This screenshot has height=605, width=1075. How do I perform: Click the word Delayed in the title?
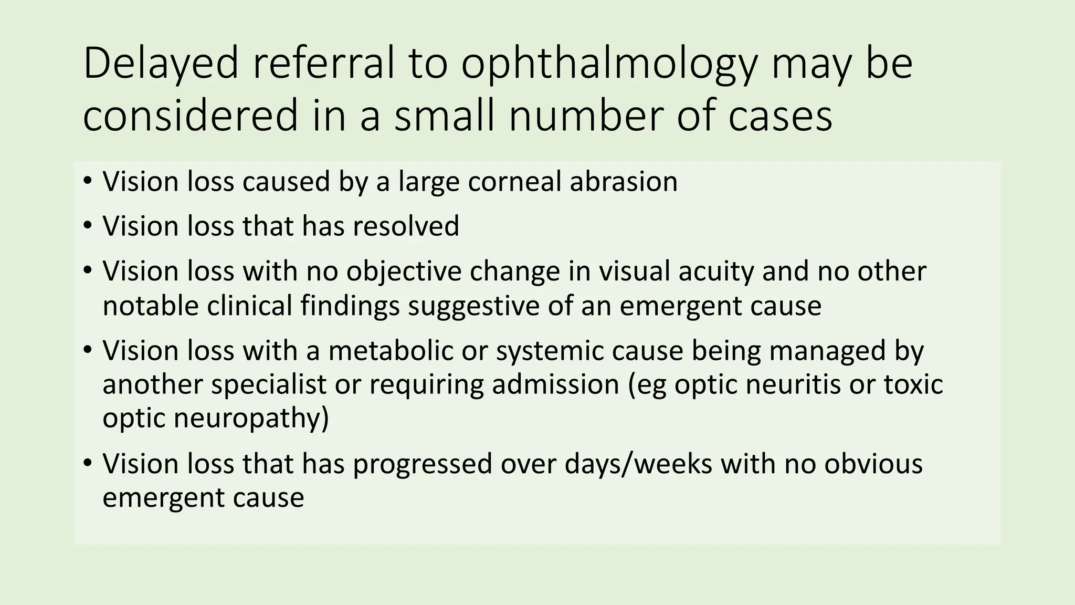(x=161, y=64)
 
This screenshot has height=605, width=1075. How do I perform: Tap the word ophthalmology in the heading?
(x=609, y=64)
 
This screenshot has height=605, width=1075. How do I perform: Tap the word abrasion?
(x=624, y=182)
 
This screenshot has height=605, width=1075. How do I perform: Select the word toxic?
(x=914, y=384)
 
